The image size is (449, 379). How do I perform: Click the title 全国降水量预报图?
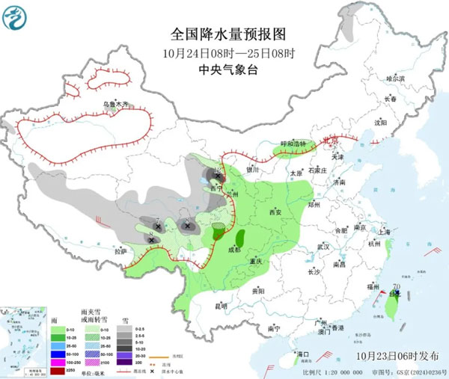(x=229, y=34)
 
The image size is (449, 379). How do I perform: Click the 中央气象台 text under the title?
(x=228, y=70)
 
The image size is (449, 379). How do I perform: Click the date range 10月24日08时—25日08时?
(x=229, y=53)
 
